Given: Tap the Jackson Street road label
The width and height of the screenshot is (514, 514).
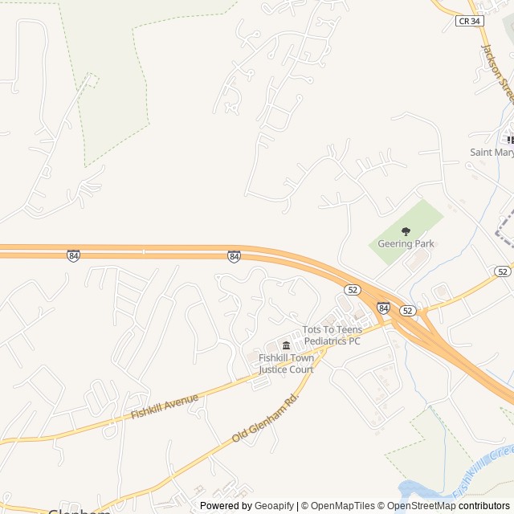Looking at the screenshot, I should [x=496, y=73].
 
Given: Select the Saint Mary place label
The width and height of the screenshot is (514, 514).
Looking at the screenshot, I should [x=492, y=152].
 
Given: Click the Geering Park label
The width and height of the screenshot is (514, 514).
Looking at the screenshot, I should [x=406, y=244].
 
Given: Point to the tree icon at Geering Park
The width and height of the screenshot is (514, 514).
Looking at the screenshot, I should [x=406, y=232].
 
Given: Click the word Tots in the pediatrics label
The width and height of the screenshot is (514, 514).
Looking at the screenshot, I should [x=312, y=330].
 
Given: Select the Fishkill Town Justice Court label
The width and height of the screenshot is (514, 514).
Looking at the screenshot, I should [x=286, y=364].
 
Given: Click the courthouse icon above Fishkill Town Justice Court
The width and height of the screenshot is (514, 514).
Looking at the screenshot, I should [x=286, y=345].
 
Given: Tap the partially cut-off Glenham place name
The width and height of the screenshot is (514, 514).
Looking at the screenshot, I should [x=79, y=511].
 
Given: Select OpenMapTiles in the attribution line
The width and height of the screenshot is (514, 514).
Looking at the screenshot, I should [x=342, y=506].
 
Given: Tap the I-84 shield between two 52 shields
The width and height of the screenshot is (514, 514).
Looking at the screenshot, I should [x=383, y=308].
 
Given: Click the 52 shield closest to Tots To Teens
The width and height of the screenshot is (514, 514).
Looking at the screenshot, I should [x=353, y=288].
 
